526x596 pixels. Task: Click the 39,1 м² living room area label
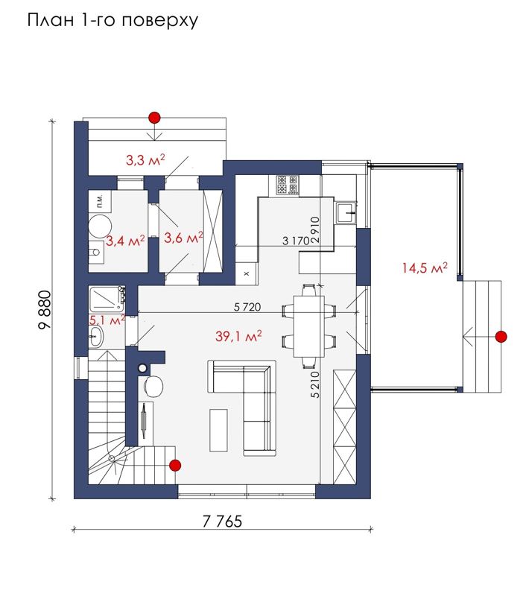point(238,336)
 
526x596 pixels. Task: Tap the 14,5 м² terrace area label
point(425,267)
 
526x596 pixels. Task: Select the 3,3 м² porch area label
point(145,160)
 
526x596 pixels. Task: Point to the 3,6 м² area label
point(183,238)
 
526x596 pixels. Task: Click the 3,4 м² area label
point(125,240)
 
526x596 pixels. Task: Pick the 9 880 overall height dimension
point(45,310)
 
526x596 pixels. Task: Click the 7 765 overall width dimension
point(222,521)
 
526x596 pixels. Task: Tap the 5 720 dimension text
point(247,307)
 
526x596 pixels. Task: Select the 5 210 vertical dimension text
point(315,384)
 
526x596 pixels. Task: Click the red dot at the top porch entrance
point(154,118)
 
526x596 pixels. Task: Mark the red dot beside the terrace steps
point(501,337)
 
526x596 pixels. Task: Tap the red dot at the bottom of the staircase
point(175,465)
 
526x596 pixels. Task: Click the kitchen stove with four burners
point(288,185)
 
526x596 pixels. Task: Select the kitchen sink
point(346,212)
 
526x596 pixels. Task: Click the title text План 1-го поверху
point(113,20)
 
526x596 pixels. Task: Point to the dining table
point(308,327)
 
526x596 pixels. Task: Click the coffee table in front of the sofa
point(218,431)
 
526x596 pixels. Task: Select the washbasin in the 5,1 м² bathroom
point(96,336)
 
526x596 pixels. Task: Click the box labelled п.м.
point(101,201)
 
